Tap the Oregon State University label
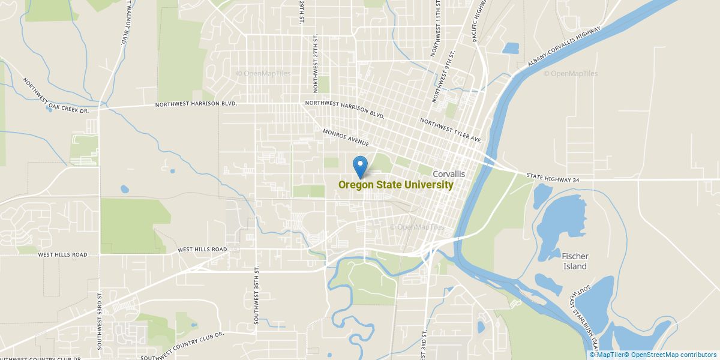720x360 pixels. pyautogui.click(x=395, y=185)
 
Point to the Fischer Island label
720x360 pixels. pyautogui.click(x=574, y=261)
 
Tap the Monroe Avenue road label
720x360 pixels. pyautogui.click(x=346, y=137)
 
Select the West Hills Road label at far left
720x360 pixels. pyautogui.click(x=62, y=254)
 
